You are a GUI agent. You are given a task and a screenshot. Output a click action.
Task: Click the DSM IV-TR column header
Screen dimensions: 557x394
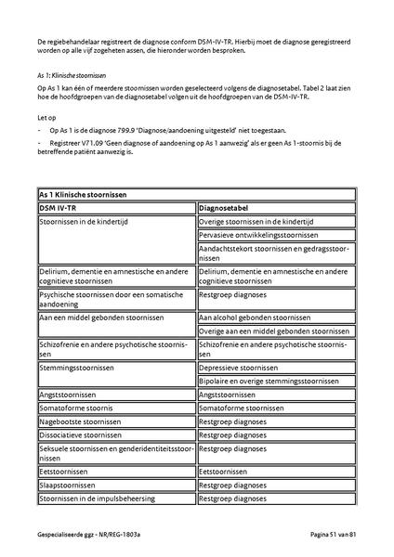tap(63, 209)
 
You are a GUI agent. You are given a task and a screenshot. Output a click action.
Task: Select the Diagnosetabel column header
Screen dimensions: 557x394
tap(229, 209)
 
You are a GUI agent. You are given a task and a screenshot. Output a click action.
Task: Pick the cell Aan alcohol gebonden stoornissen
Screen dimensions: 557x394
tap(255, 317)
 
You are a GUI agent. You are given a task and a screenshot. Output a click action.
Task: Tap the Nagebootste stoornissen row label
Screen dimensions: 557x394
tap(80, 421)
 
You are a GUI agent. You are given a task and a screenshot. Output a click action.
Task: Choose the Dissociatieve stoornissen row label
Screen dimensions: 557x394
tap(80, 434)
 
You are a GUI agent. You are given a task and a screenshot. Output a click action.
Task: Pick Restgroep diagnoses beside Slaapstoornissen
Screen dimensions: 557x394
tap(236, 485)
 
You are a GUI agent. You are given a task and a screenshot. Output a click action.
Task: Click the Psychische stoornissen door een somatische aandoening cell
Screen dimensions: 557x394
tap(114, 297)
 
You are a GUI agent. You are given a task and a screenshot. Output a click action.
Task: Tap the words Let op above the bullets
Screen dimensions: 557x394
tap(46, 118)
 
